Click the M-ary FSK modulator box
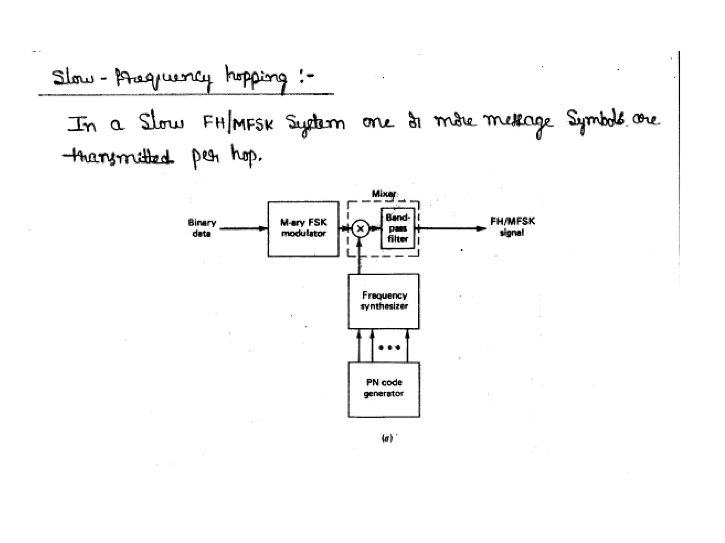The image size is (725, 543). click(x=303, y=229)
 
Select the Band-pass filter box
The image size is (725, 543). click(x=398, y=228)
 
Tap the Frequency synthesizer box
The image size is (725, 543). click(x=384, y=301)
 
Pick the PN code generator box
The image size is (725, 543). click(x=384, y=389)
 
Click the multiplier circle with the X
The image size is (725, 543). click(x=360, y=229)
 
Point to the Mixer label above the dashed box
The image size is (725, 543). click(x=384, y=194)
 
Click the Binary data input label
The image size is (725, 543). click(x=202, y=228)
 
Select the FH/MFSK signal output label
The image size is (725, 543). click(x=512, y=227)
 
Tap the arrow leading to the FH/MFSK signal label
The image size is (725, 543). click(x=453, y=229)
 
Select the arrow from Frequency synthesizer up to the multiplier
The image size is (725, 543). click(x=360, y=256)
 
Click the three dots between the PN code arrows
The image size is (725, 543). click(x=389, y=348)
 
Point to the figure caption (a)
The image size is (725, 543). click(x=387, y=438)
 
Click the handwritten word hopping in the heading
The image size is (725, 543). click(x=256, y=78)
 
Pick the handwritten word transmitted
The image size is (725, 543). click(x=119, y=157)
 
